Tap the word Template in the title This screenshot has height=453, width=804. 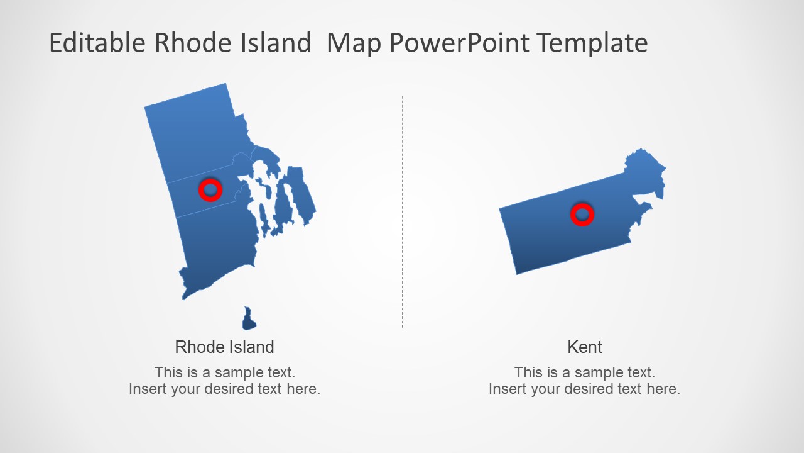coord(593,43)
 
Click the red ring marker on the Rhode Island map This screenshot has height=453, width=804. coord(210,189)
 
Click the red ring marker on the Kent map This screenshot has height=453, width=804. coord(582,215)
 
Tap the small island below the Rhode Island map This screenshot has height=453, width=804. coord(249,320)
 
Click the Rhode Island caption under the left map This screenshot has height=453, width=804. coord(224,347)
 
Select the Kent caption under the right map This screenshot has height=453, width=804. coord(585,347)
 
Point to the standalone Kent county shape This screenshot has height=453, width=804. coord(553,233)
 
